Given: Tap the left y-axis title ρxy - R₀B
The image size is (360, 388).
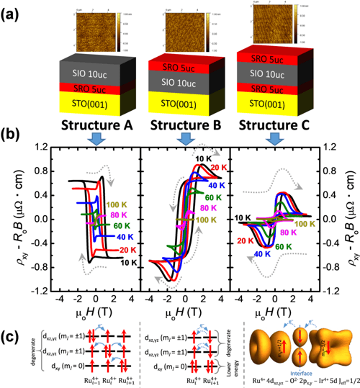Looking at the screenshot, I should [24, 217].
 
